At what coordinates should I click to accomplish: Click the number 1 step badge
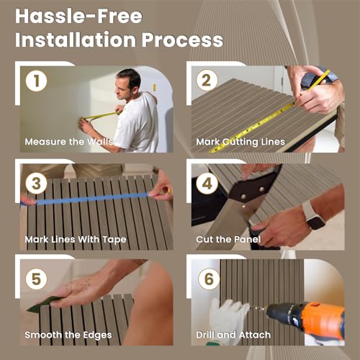[x=36, y=81]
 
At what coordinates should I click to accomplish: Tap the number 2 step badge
[x=207, y=81]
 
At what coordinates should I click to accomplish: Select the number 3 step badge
[x=36, y=184]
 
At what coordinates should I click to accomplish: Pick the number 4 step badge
[x=207, y=184]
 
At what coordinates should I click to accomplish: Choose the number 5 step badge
[x=36, y=279]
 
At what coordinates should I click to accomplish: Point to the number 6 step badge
[x=209, y=279]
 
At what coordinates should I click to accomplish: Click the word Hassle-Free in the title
[x=78, y=17]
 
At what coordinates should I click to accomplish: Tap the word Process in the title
[x=182, y=40]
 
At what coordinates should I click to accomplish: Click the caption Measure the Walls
[x=69, y=142]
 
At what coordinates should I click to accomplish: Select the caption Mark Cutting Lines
[x=240, y=142]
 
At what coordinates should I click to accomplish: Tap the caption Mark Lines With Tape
[x=76, y=240]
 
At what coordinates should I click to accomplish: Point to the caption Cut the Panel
[x=228, y=239]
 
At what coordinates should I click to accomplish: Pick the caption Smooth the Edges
[x=68, y=335]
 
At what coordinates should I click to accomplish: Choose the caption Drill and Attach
[x=233, y=335]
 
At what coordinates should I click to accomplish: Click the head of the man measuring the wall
[x=127, y=83]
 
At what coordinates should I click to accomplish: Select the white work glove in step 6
[x=228, y=317]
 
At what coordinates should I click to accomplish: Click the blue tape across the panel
[x=91, y=199]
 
